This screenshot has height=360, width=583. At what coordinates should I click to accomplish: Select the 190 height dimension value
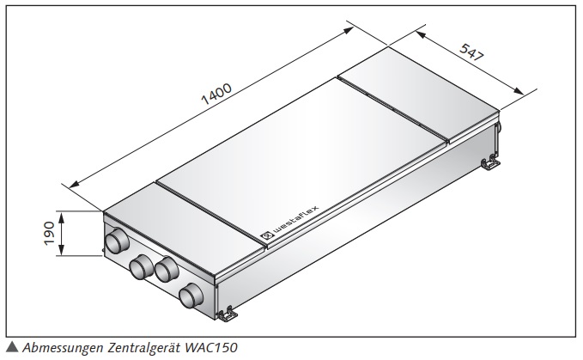tap(49, 234)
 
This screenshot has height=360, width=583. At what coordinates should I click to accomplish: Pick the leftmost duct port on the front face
tap(112, 242)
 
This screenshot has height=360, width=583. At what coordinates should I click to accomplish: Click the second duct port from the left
tap(139, 269)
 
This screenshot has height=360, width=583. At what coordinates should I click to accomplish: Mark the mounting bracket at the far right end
tap(489, 161)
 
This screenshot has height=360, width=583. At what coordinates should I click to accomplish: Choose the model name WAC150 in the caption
tap(209, 347)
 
